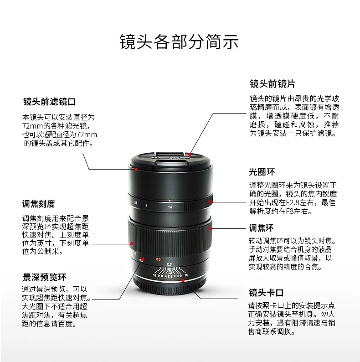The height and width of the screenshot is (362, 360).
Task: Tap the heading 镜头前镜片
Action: coord(272,84)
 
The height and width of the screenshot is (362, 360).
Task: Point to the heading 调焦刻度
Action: coord(38,203)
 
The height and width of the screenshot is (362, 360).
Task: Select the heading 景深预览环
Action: coord(45,277)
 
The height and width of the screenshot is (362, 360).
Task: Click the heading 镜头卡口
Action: coord(266,292)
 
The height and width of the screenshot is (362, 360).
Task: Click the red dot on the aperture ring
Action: coord(211,199)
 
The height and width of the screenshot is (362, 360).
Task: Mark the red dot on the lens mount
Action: coord(183,281)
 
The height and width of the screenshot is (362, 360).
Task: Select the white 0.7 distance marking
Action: coord(170,264)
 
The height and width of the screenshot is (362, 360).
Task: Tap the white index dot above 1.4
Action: coord(170,201)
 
